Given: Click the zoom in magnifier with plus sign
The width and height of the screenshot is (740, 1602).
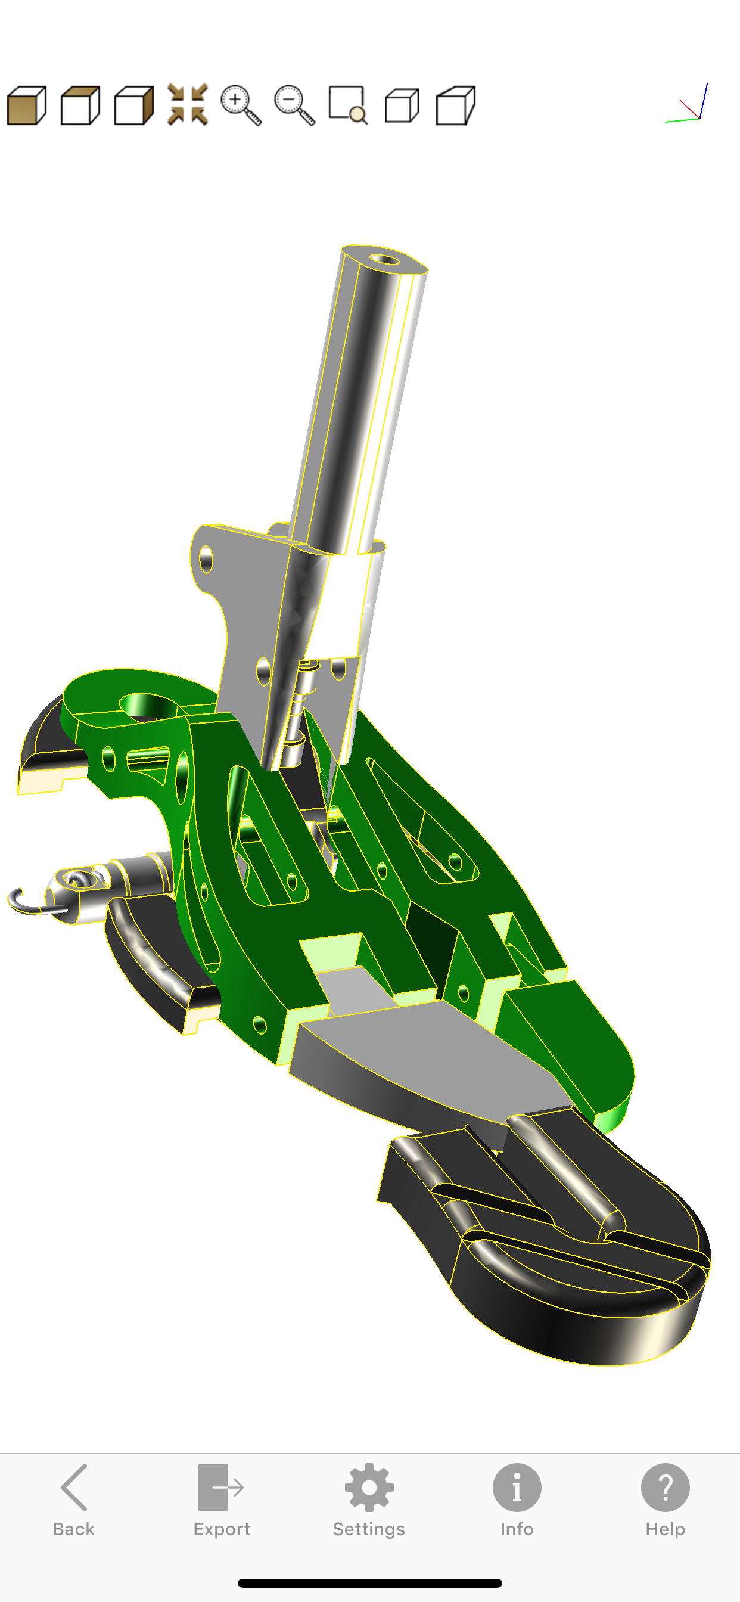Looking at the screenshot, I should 241,105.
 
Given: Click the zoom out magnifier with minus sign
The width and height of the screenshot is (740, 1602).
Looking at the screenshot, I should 294,105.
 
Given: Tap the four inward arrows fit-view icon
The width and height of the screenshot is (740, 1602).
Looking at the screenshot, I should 187,104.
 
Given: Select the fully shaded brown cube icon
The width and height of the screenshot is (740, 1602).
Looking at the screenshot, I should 27,105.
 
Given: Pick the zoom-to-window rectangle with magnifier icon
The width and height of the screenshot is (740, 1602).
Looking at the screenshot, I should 347,105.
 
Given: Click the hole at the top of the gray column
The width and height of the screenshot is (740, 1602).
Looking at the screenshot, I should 385,259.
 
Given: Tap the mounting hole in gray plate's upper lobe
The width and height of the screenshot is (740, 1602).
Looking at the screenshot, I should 206,560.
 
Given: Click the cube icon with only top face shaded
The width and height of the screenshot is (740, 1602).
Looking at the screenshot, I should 80,105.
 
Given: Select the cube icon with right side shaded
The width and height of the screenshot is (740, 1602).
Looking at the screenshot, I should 133,105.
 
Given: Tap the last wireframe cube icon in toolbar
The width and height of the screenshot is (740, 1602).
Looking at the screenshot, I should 455,105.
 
